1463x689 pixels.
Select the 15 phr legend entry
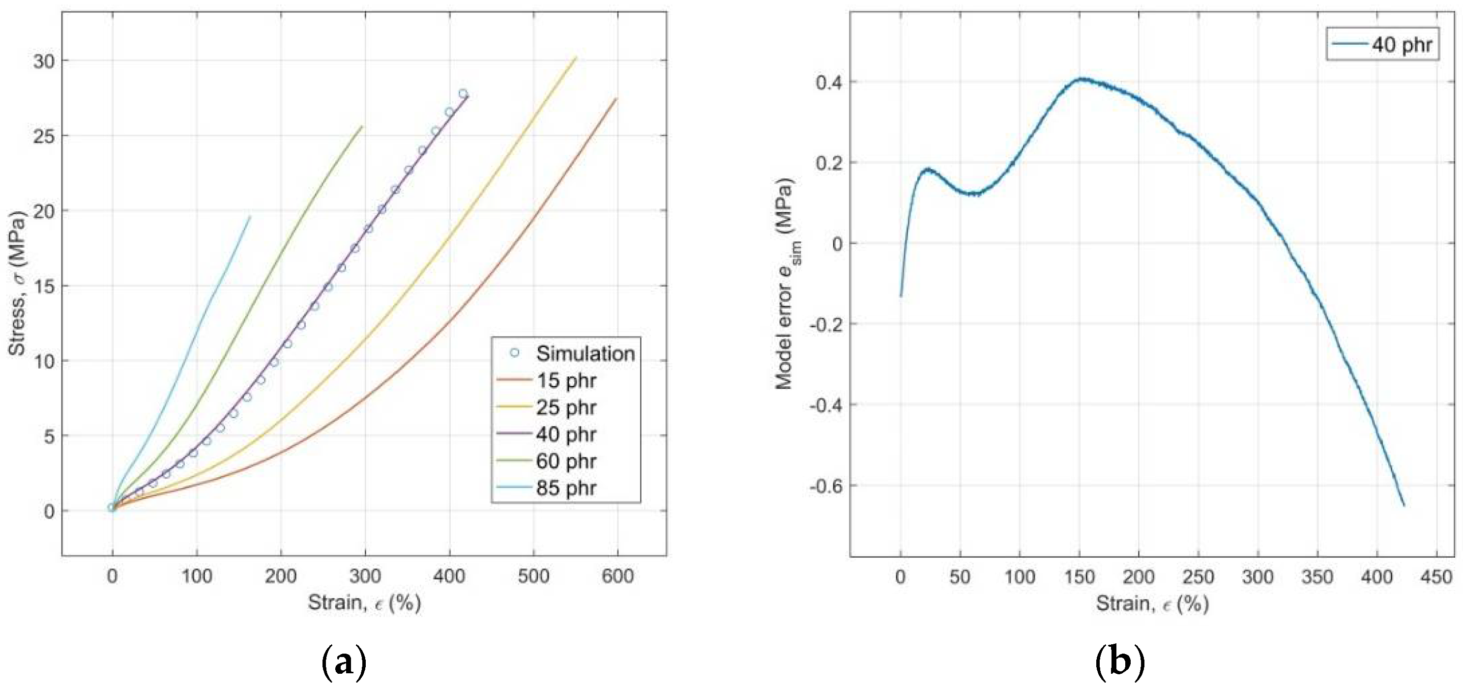point(565,380)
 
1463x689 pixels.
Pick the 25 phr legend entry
point(565,407)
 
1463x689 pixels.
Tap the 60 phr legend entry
point(565,461)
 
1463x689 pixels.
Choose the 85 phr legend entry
point(565,488)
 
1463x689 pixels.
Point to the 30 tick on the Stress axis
point(44,61)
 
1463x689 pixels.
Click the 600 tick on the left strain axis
point(617,576)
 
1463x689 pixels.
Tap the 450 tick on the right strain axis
point(1436,577)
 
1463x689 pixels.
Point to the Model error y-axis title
point(786,284)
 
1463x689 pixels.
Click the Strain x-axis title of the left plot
point(364,603)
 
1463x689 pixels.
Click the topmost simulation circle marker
point(463,94)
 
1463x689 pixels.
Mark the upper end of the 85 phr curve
point(250,216)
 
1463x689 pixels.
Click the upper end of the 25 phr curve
point(576,57)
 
